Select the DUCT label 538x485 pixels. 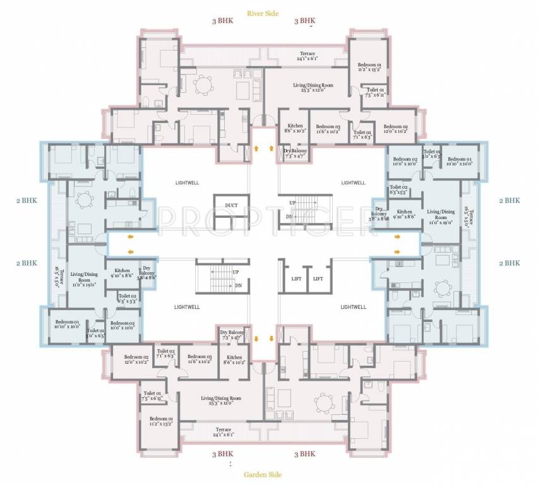tap(226, 205)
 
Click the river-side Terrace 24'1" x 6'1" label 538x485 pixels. tap(307, 56)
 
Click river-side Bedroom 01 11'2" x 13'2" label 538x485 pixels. tap(369, 67)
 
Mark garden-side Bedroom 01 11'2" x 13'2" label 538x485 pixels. tap(160, 421)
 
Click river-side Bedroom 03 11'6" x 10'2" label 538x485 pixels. tap(328, 129)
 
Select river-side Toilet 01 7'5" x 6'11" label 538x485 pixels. tap(376, 92)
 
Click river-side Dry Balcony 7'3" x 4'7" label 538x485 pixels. tap(296, 153)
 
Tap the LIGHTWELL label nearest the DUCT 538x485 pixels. tap(188, 183)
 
